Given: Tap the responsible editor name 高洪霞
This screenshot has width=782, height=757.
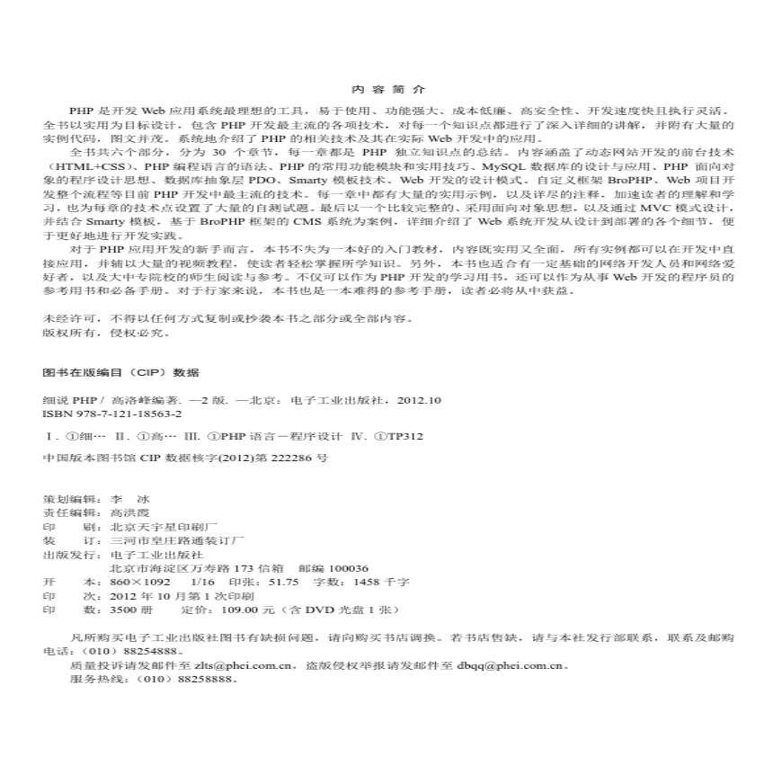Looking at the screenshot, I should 128,511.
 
